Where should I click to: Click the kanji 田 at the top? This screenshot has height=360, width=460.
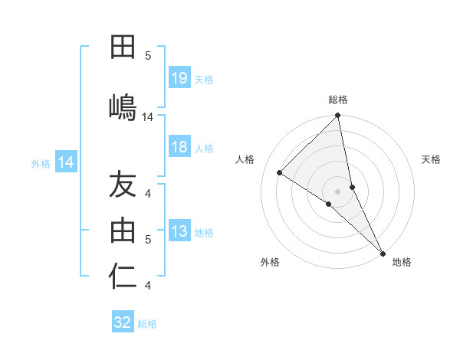(x=123, y=48)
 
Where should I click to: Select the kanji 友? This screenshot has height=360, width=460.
(x=123, y=185)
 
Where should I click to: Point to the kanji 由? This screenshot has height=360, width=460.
(x=123, y=231)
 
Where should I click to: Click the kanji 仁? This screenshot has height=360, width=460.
(x=123, y=276)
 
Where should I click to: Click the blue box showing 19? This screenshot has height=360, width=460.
(x=179, y=78)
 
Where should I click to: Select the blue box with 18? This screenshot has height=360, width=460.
(x=179, y=148)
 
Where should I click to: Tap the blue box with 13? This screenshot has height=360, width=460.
(x=179, y=232)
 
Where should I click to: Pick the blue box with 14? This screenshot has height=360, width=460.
(x=66, y=162)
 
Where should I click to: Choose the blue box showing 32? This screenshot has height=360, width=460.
(x=123, y=322)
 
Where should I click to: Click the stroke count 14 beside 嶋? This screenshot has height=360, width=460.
(x=148, y=117)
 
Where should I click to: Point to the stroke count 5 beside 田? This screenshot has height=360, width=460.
(x=149, y=55)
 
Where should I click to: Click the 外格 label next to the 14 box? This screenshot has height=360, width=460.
(x=41, y=163)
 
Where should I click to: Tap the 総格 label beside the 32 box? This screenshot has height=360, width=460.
(x=147, y=323)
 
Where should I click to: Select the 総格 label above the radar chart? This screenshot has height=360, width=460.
(x=338, y=100)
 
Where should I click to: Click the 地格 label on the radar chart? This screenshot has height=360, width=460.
(x=402, y=262)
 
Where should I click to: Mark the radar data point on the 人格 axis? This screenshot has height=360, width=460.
(x=280, y=172)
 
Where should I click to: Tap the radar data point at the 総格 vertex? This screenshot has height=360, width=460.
(x=338, y=116)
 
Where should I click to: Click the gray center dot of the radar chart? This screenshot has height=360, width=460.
(x=338, y=191)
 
